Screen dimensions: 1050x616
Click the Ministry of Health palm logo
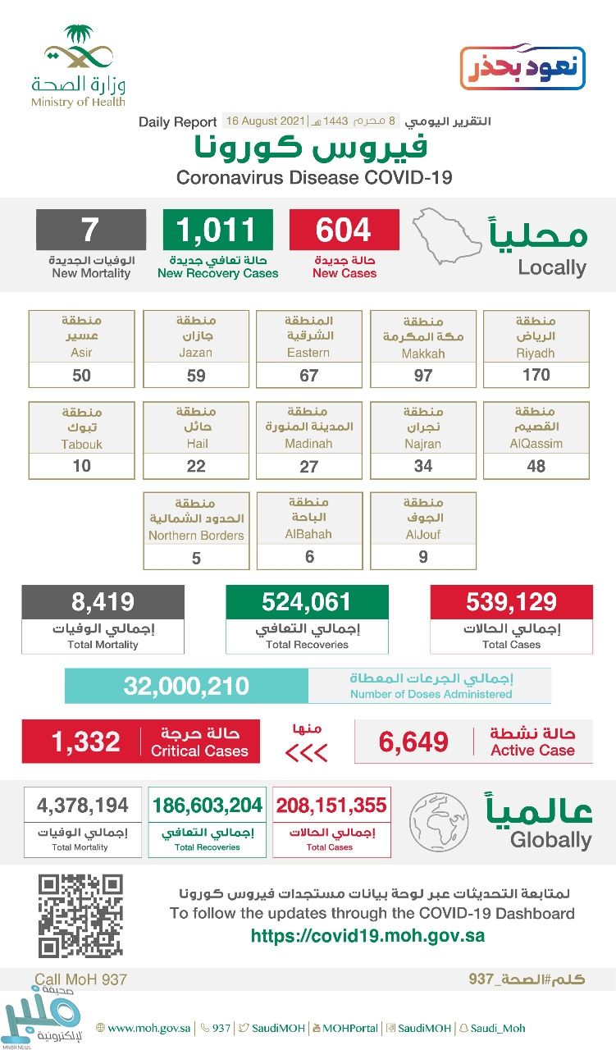pyautogui.click(x=78, y=51)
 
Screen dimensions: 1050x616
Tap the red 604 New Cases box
pyautogui.click(x=344, y=230)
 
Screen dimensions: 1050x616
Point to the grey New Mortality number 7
pyautogui.click(x=90, y=230)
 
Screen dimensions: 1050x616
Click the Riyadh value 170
pyautogui.click(x=536, y=375)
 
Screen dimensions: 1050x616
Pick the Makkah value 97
pyautogui.click(x=422, y=375)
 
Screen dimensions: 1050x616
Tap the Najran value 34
pyautogui.click(x=422, y=466)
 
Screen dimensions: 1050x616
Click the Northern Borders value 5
pyautogui.click(x=195, y=558)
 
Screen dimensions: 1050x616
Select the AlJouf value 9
pyautogui.click(x=422, y=557)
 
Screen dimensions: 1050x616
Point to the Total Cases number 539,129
pyautogui.click(x=511, y=602)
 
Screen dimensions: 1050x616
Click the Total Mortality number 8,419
pyautogui.click(x=103, y=602)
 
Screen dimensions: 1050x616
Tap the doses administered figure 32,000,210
pyautogui.click(x=186, y=686)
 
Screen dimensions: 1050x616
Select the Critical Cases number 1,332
pyautogui.click(x=85, y=742)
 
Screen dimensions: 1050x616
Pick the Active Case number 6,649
pyautogui.click(x=413, y=742)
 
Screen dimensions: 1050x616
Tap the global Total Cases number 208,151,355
pyautogui.click(x=331, y=805)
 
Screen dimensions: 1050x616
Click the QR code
pyautogui.click(x=80, y=915)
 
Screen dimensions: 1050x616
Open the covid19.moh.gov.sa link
pyautogui.click(x=367, y=936)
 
